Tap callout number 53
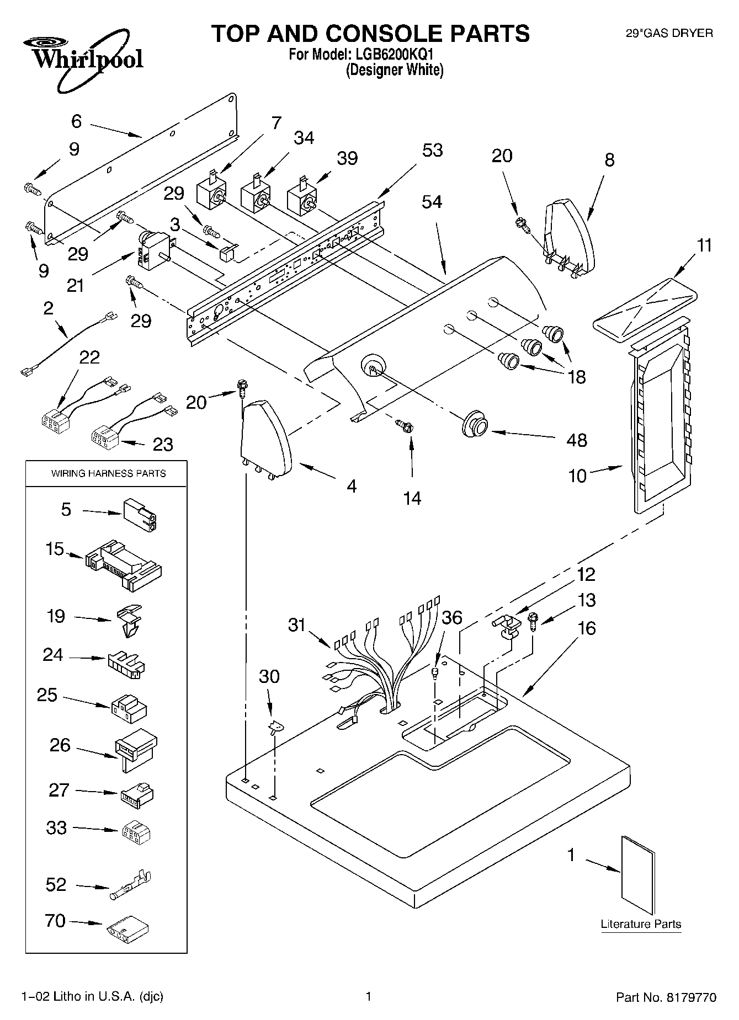[x=432, y=150]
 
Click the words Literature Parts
[x=641, y=924]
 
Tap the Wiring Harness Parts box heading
[x=108, y=473]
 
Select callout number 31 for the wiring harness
[x=296, y=625]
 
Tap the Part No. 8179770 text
[x=666, y=997]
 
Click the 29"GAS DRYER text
[x=669, y=33]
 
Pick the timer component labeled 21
[x=155, y=251]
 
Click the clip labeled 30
[x=275, y=729]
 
